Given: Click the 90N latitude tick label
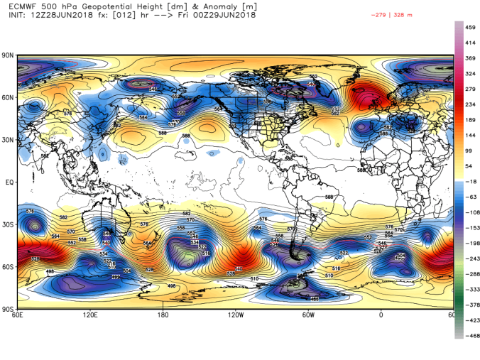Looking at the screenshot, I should click(x=8, y=55).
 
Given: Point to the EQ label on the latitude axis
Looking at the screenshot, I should click(x=9, y=182).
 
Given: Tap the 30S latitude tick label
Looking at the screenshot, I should click(x=8, y=225).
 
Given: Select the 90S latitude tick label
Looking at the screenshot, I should click(x=8, y=310).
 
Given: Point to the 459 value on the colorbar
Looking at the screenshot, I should click(x=469, y=27).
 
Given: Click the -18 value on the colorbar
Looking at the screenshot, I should click(x=469, y=182).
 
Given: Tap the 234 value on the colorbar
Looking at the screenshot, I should click(x=469, y=104).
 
